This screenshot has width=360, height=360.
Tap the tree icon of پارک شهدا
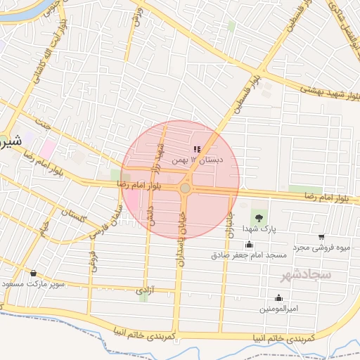pyautogui.click(x=259, y=217)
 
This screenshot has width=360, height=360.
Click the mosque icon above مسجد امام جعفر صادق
pyautogui.click(x=250, y=244)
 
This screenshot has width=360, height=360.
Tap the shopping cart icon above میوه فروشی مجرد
pyautogui.click(x=321, y=237)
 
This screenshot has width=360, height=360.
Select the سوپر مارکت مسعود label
pyautogui.click(x=34, y=284)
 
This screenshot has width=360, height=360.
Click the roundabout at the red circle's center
pyautogui.click(x=185, y=188)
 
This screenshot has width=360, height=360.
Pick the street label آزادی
pyautogui.click(x=143, y=289)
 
